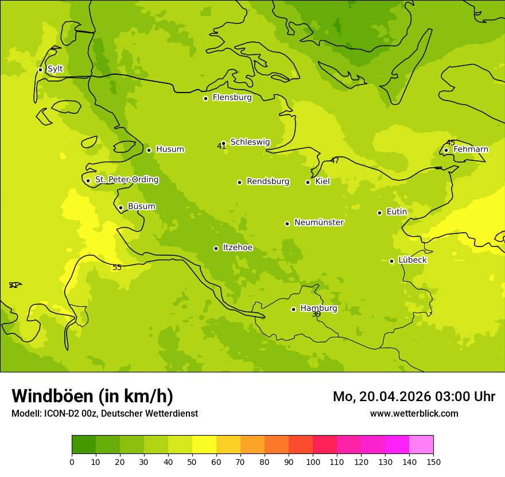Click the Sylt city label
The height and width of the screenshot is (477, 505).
coord(55,69)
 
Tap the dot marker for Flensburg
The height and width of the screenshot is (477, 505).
coord(205,98)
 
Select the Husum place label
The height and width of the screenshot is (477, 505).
coord(170,149)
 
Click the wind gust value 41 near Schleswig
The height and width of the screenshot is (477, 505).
coord(222,147)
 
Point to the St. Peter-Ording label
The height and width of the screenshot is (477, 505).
coord(127,180)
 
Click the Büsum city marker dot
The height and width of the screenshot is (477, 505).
coord(121,207)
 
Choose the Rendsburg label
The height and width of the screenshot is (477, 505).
coord(268,182)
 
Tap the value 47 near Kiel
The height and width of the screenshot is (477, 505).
coord(335,161)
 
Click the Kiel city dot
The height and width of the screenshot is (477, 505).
coord(308,182)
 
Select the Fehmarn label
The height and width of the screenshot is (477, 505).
coord(471,149)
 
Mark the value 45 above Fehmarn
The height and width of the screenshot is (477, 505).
coord(450,143)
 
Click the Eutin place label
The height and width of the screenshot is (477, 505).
coord(397,212)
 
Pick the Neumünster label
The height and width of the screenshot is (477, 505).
coord(319,222)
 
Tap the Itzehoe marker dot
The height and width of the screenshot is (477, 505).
coord(216,248)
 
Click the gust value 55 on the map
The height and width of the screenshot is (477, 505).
coord(117,268)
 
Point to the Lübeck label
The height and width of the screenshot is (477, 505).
coord(412,260)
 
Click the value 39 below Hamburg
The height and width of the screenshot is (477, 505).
coord(316,314)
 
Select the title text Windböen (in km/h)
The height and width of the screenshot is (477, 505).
coord(92,396)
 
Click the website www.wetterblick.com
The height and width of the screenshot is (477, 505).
coord(414,414)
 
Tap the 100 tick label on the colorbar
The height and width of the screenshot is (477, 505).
coord(313,462)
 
